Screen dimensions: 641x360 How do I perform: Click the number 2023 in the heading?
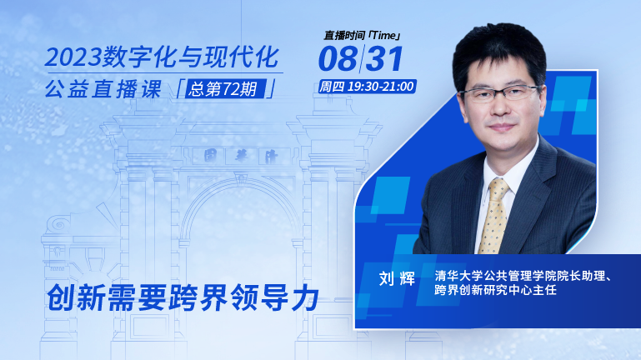[73, 57]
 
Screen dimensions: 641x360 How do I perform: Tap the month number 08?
[338, 58]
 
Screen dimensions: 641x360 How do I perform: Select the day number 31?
[384, 58]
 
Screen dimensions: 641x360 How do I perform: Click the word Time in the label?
[384, 36]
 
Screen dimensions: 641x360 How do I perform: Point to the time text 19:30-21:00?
[381, 87]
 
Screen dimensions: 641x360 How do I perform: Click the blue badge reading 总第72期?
[226, 88]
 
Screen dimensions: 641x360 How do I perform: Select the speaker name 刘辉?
[397, 278]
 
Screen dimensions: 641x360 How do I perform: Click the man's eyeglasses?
[500, 93]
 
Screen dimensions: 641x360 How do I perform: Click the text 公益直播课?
[103, 89]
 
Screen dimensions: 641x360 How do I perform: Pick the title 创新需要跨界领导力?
[183, 297]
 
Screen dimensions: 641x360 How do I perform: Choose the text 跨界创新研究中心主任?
[495, 290]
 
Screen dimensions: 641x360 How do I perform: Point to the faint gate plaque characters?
[241, 156]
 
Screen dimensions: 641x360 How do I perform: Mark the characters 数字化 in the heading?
[142, 57]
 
